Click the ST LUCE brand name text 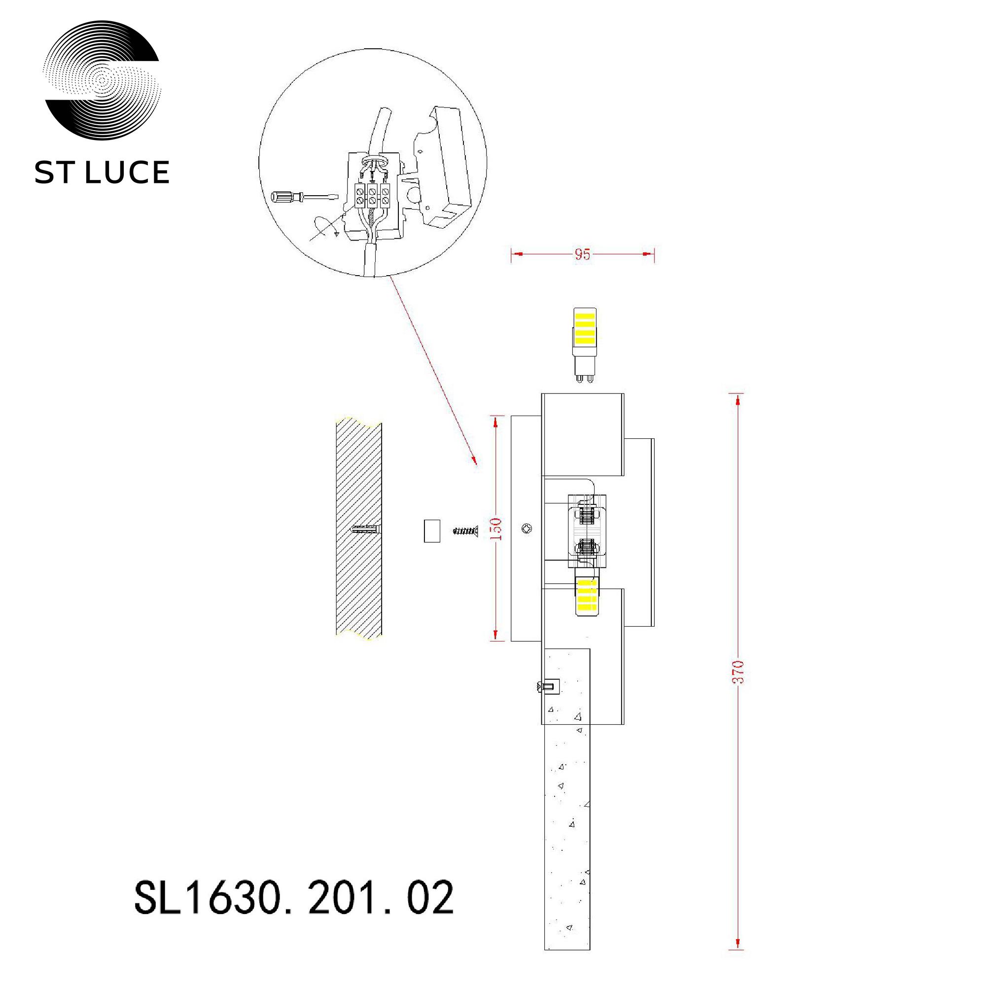click(x=102, y=172)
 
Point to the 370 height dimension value click(x=739, y=671)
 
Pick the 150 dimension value click(x=498, y=528)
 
